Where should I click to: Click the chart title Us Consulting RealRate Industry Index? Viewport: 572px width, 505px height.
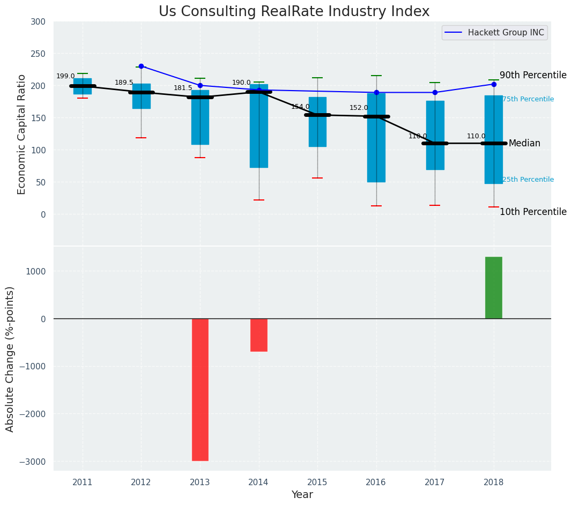coord(294,12)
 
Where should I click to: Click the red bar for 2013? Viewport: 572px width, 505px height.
coord(200,389)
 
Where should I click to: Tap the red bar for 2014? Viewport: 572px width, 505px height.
coord(259,335)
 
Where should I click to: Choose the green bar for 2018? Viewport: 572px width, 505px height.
coord(494,288)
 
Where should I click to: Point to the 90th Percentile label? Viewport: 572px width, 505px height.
coord(533,76)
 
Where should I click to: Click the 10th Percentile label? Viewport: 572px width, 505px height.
coord(533,212)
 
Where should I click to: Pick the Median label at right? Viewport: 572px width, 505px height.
coord(524,144)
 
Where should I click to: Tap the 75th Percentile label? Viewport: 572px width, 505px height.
coord(528,100)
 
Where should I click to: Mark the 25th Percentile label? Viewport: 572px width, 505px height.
coord(528,180)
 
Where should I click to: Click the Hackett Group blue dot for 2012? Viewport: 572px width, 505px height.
coord(141,66)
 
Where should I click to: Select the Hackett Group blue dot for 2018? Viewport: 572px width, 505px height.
coord(494,84)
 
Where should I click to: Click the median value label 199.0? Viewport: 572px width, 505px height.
coord(65,77)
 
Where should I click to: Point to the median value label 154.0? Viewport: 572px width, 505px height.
coord(300,107)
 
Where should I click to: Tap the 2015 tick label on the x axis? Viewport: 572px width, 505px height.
coord(317,482)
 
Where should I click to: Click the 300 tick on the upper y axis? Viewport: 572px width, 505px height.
coord(42,22)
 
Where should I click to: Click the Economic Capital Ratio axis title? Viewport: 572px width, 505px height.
coord(22,134)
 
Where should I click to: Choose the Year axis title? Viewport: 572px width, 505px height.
coord(302,495)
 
